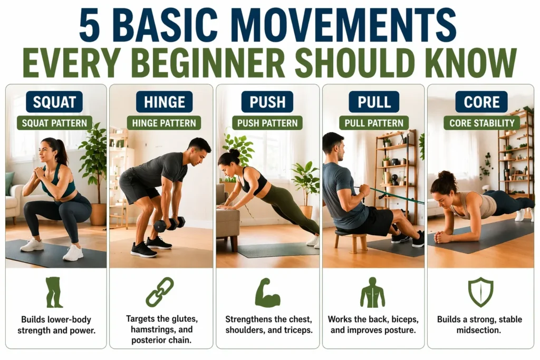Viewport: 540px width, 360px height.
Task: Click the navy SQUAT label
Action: [54, 102]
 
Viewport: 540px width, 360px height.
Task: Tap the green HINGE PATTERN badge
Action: [164, 123]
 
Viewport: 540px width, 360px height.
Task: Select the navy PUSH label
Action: [267, 102]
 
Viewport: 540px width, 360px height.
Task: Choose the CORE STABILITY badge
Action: [481, 123]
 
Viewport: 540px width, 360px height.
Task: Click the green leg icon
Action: [54, 292]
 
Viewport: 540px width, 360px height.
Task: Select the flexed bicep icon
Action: [267, 293]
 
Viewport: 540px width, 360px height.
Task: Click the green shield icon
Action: [480, 292]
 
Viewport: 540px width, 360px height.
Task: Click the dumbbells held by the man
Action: [169, 224]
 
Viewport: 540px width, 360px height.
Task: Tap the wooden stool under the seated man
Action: [351, 239]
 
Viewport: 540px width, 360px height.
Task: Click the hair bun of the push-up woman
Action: [235, 153]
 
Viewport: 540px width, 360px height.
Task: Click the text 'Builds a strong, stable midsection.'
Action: [480, 325]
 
